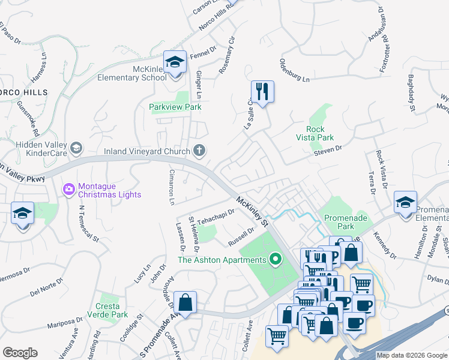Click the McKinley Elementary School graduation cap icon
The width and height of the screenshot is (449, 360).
coord(175,62)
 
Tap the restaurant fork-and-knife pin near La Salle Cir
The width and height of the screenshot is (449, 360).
coord(262,91)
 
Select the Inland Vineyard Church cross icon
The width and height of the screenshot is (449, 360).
coord(199,151)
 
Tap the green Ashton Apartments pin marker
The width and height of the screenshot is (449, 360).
coord(276,260)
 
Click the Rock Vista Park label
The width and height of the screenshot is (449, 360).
coord(316,133)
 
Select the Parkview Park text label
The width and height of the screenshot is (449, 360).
coord(175,107)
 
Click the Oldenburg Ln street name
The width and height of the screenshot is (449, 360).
coord(294,70)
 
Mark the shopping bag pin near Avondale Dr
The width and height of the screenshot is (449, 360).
coord(185,302)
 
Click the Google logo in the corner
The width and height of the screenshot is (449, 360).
coord(20,353)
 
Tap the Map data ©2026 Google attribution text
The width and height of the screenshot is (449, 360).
coord(412,355)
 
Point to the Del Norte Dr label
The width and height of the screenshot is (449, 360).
coord(43,290)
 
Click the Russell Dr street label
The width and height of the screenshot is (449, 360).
coord(241,237)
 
